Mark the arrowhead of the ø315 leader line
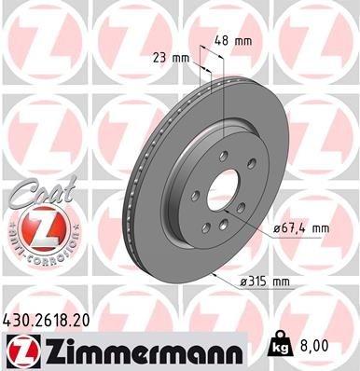(215, 274)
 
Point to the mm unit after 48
(246, 41)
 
